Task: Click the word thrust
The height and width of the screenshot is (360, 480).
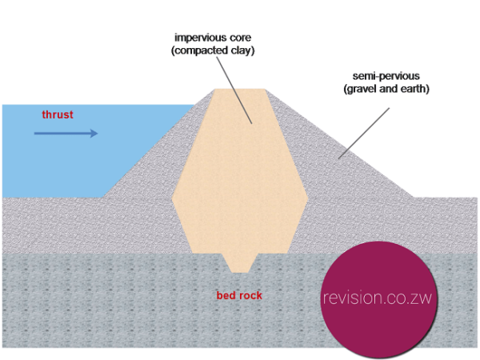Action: click(58, 114)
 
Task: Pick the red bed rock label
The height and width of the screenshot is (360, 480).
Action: click(239, 295)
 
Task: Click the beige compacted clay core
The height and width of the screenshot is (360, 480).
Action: click(240, 176)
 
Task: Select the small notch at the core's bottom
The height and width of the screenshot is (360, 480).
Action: click(240, 261)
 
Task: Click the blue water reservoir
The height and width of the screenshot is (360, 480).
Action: click(80, 160)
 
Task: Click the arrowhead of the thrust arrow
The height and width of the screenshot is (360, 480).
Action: click(94, 133)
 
